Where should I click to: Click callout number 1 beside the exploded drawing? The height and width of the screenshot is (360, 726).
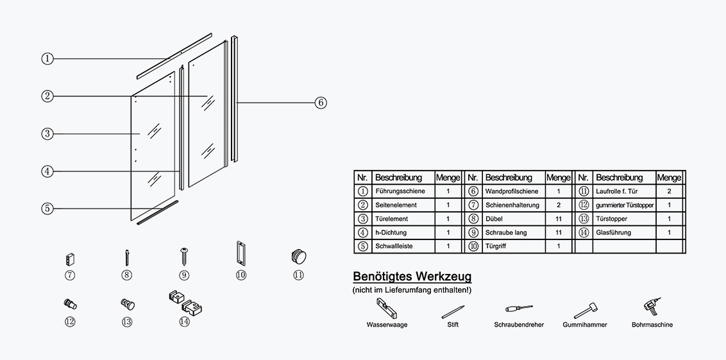pos(47,59)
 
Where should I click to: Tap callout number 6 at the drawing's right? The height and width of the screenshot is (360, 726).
pos(321,103)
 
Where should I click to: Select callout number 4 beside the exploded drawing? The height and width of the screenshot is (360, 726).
pos(47,171)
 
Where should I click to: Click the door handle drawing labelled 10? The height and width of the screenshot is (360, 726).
pos(241,253)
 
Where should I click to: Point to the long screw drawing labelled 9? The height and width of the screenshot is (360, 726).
pos(184,256)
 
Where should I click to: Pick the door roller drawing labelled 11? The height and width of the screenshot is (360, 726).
pos(299,257)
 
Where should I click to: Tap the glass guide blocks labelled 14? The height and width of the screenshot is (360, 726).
pos(185,302)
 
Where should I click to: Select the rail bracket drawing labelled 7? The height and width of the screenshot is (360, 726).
pos(70,259)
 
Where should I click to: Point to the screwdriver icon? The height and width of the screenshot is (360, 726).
pos(519,309)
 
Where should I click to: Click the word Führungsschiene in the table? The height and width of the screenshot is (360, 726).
pos(400,191)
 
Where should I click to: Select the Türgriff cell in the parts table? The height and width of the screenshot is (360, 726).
pos(495,246)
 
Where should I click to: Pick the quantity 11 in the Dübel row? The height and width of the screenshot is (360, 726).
pos(559,219)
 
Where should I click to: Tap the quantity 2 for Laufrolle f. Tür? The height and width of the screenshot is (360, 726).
pos(669,191)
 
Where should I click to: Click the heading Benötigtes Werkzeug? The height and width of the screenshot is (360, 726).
pos(412,277)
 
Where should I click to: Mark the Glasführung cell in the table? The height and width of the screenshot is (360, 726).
pos(613,232)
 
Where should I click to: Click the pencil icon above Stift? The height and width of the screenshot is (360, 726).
pos(453,312)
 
